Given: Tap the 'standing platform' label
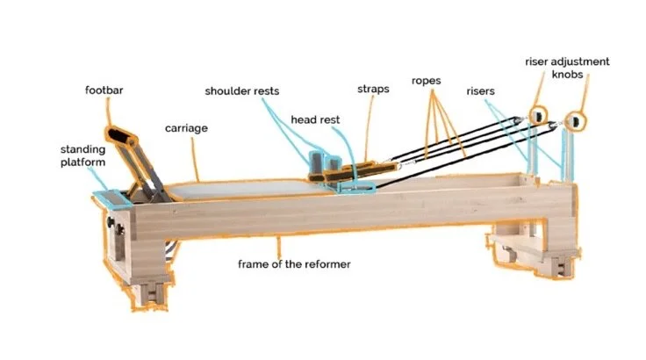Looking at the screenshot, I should (x=78, y=156).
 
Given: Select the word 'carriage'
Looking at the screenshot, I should (x=186, y=128).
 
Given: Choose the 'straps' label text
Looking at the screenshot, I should (x=373, y=90).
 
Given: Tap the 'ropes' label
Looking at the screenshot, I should (x=426, y=81).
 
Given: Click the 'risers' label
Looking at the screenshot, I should (x=481, y=91).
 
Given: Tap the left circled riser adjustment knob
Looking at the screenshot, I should (x=535, y=114).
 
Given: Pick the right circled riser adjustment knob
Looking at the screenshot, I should (x=575, y=118).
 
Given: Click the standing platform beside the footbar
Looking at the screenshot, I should (x=110, y=197).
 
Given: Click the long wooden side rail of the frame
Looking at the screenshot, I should (x=334, y=215).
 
